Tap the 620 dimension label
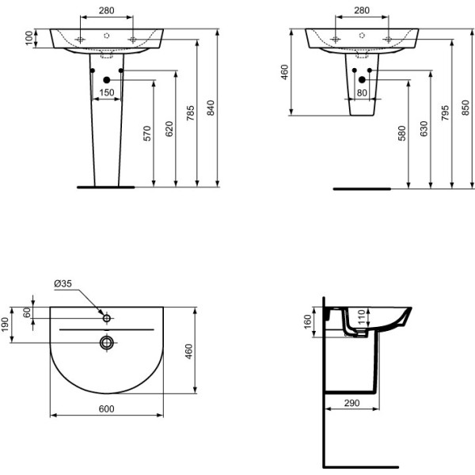pyautogui.click(x=169, y=131)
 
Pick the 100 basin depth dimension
pyautogui.click(x=29, y=38)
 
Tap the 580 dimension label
pyautogui.click(x=401, y=133)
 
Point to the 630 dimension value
pyautogui.click(x=424, y=128)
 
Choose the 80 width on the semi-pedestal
pyautogui.click(x=362, y=93)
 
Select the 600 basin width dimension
pyautogui.click(x=106, y=408)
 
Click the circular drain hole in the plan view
pyautogui.click(x=106, y=342)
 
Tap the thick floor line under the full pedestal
pyautogui.click(x=106, y=188)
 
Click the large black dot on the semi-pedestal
pyautogui.click(x=362, y=79)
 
